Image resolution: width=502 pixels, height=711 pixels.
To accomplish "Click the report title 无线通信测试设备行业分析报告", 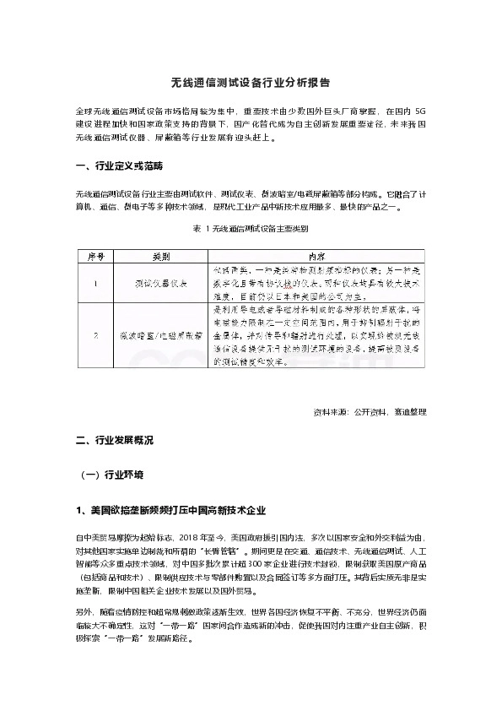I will [251, 84].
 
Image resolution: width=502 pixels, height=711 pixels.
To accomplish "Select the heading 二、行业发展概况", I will [115, 440].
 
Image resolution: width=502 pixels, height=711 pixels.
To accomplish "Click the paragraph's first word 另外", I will [83, 611].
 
